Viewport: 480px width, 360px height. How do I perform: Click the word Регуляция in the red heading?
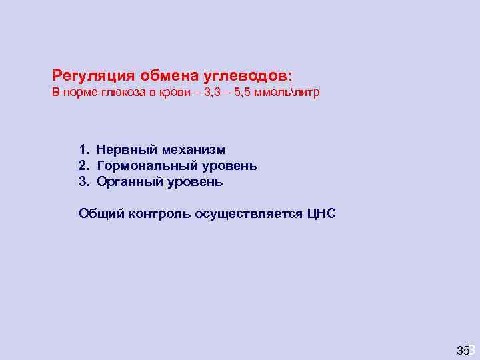tap(92, 75)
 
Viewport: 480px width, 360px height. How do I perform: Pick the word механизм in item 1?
tap(190, 150)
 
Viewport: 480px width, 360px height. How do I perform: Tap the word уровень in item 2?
tap(229, 166)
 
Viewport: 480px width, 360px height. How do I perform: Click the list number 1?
tap(82, 150)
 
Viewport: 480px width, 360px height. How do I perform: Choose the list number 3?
tap(82, 181)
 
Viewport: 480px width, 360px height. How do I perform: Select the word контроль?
tap(159, 213)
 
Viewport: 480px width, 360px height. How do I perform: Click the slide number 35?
tap(463, 349)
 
